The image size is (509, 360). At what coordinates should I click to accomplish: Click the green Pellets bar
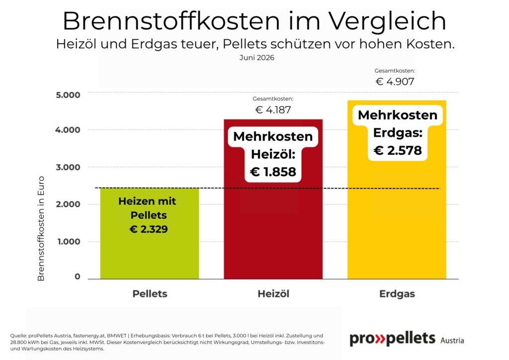pos(149,233)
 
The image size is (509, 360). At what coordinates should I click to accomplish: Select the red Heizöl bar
pos(273,199)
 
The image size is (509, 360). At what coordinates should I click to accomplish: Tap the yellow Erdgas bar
pos(397,189)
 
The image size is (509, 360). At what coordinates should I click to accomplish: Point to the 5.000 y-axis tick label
pos(68,95)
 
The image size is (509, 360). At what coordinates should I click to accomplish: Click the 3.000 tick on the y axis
pos(68,167)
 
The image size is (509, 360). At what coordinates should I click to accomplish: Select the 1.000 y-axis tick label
pos(69,242)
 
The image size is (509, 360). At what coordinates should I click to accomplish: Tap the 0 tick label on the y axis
pos(77,276)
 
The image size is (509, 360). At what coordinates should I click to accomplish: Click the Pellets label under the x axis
pos(150,294)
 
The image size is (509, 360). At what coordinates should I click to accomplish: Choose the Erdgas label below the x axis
pos(397,294)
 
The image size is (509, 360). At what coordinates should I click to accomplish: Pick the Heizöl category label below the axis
pos(273,294)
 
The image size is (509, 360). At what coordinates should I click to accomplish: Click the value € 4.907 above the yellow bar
pos(395,82)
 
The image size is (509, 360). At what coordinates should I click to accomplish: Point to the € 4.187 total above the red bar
pos(273,110)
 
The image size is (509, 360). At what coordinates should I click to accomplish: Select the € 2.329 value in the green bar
pos(149,229)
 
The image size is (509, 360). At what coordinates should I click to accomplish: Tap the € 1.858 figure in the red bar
pos(273,172)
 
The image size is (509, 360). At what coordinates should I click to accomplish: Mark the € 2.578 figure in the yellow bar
pos(398,150)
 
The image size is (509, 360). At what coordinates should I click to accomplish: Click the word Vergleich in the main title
pos(387,21)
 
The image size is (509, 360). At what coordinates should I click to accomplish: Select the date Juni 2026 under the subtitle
pos(257,58)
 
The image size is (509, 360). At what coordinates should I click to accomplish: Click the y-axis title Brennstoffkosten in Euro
pos(41,229)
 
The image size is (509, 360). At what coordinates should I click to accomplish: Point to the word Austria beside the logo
pos(452,341)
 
